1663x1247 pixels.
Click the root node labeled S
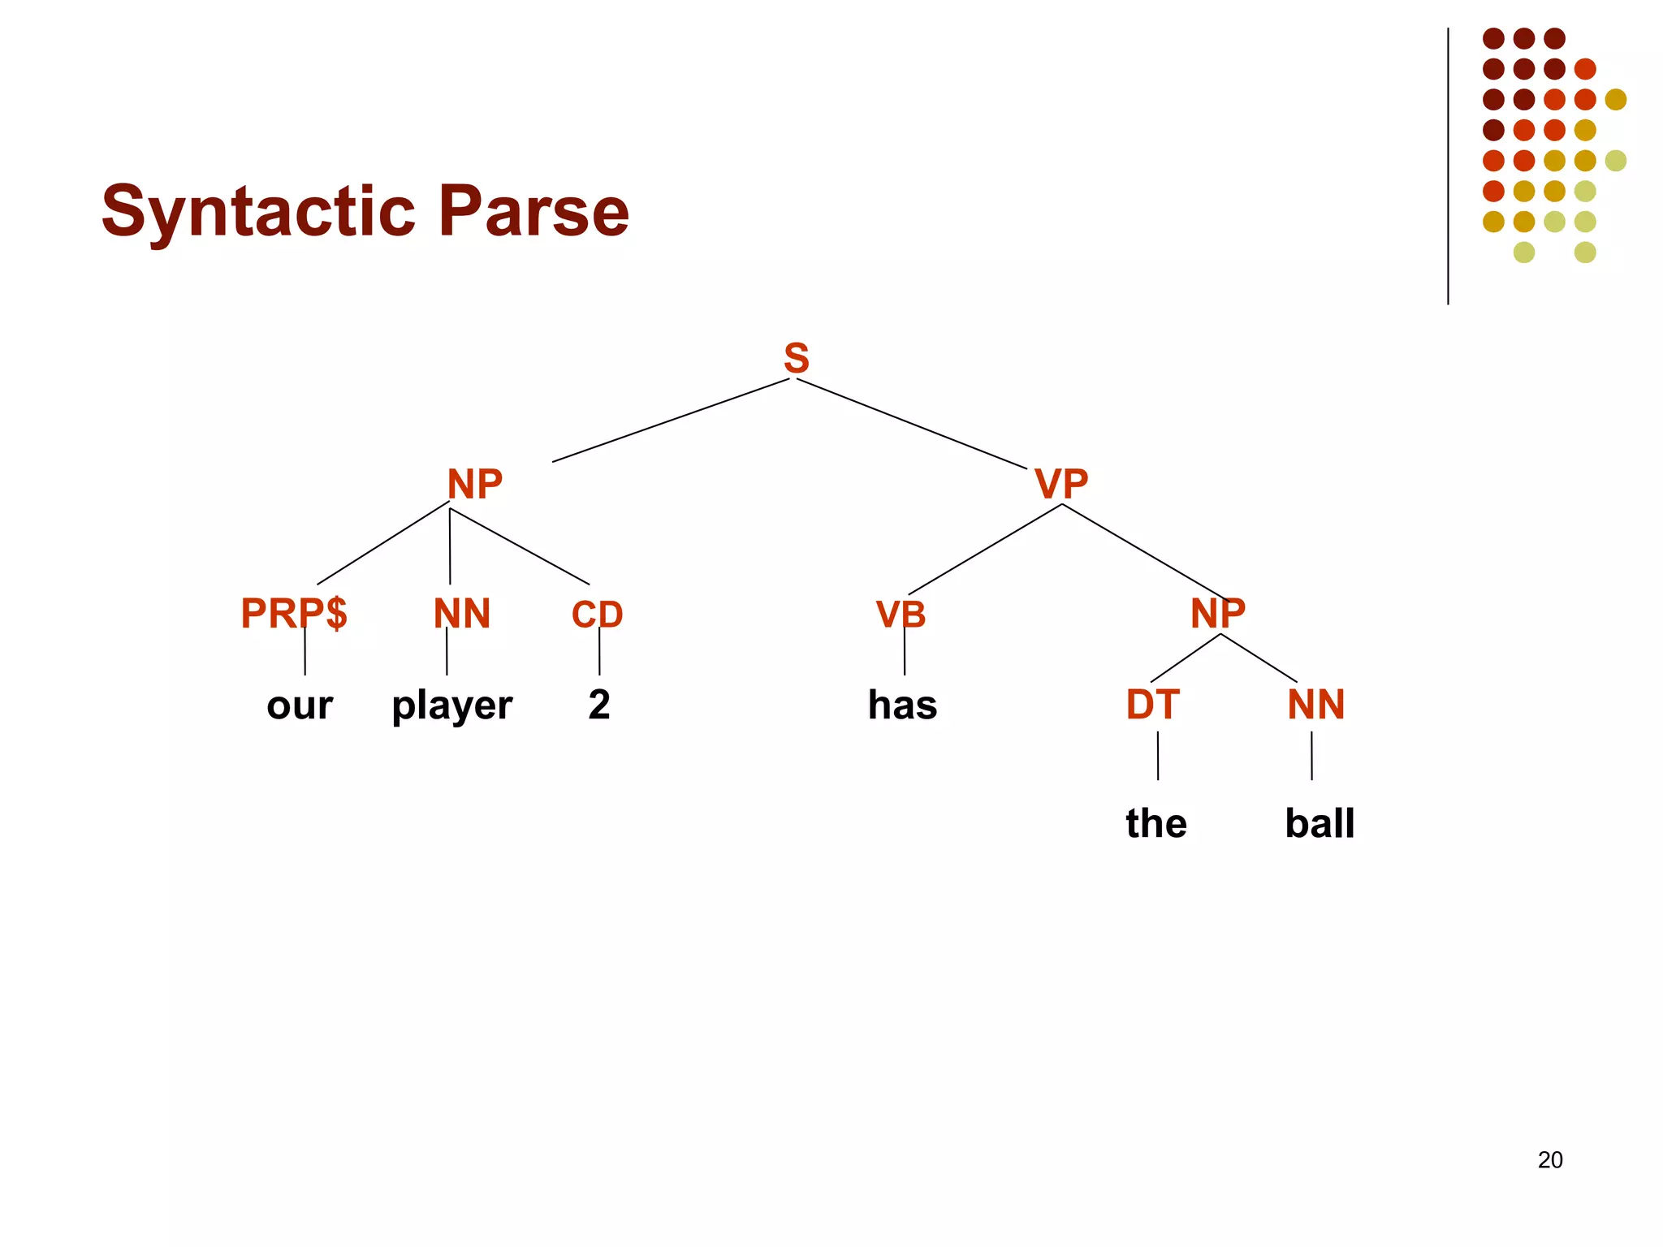click(x=797, y=358)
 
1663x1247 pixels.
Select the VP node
click(x=1061, y=485)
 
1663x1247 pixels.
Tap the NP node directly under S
click(x=475, y=485)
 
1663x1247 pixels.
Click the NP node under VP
click(x=1218, y=613)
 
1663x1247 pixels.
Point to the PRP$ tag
click(x=294, y=613)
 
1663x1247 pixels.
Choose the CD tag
click(x=597, y=615)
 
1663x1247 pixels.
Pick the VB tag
click(x=901, y=615)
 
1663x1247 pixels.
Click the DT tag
click(x=1152, y=705)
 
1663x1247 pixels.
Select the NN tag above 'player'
click(x=462, y=614)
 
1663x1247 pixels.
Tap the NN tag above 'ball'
click(x=1316, y=705)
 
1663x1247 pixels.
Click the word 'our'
click(x=300, y=705)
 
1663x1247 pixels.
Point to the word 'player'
click(x=452, y=705)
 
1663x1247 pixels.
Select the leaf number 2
click(x=599, y=705)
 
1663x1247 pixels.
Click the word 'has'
click(x=902, y=705)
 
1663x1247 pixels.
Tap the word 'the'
click(x=1156, y=823)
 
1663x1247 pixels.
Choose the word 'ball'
click(x=1320, y=823)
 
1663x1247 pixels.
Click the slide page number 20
click(x=1550, y=1160)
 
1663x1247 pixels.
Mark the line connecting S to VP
click(x=911, y=423)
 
